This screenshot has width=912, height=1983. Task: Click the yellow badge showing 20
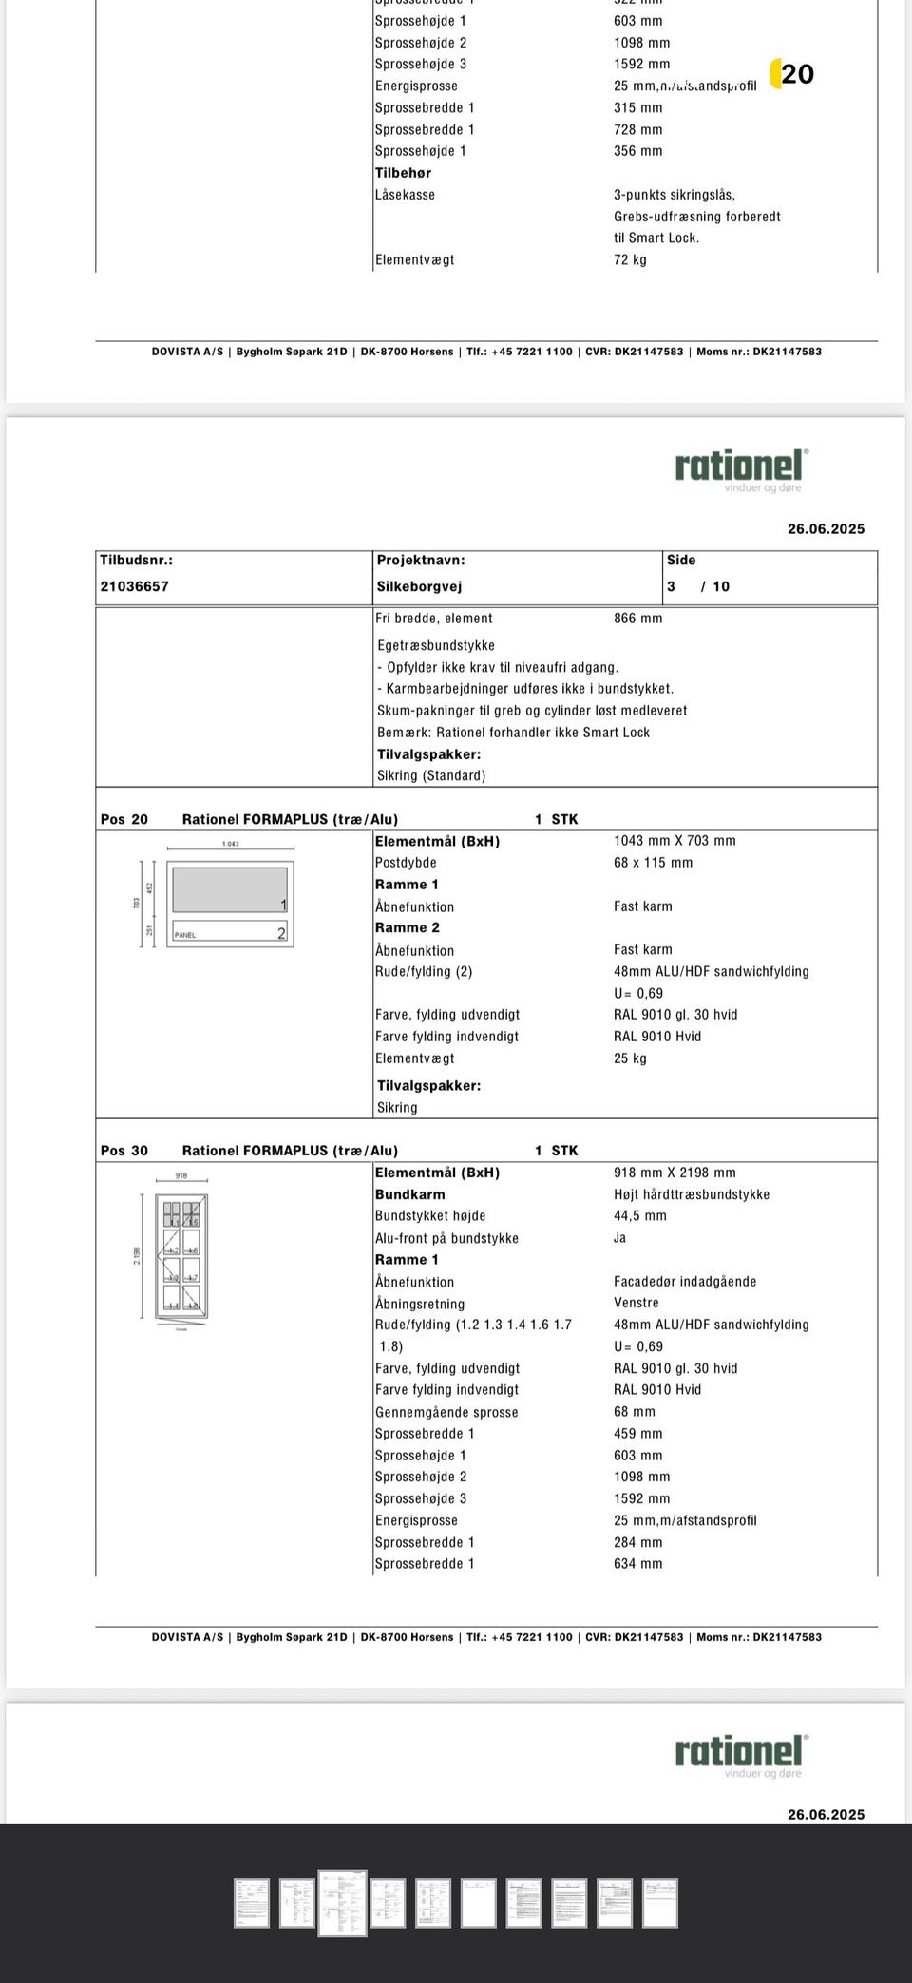(792, 74)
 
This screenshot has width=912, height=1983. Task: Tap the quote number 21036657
(134, 586)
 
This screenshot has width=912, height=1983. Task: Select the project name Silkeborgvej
(419, 586)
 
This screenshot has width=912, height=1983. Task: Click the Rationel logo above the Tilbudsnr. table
(741, 469)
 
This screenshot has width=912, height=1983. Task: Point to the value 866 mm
(637, 618)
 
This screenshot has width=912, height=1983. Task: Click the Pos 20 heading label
(124, 819)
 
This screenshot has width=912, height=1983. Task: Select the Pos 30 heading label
(124, 1151)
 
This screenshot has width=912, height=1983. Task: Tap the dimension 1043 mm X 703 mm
(674, 841)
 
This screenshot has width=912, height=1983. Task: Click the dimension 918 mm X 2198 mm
(674, 1173)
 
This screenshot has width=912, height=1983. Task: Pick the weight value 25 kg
(630, 1058)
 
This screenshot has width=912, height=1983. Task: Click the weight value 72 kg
(630, 259)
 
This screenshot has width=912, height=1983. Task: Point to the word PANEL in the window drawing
(185, 935)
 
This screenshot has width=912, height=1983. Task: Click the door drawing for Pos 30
(181, 1256)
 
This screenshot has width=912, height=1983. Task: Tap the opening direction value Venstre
(636, 1303)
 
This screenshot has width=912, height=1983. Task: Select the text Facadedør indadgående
(685, 1281)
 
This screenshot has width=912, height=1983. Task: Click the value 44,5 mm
(639, 1215)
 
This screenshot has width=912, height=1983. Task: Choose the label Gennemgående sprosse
(446, 1412)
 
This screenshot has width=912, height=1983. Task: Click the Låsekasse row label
(405, 195)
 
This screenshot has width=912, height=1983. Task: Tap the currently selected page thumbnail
(342, 1902)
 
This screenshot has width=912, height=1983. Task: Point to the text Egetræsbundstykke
(435, 645)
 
